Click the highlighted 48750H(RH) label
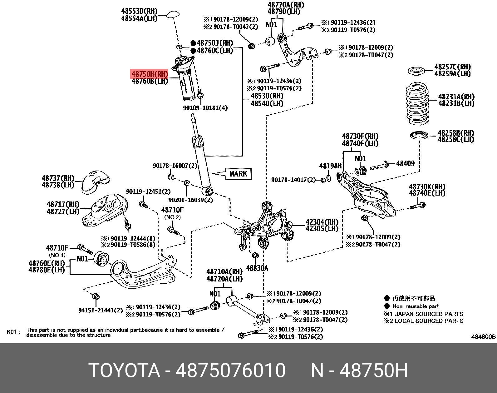pyautogui.click(x=150, y=74)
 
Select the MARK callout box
pyautogui.click(x=238, y=174)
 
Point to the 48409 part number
pyautogui.click(x=405, y=163)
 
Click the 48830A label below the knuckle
pyautogui.click(x=257, y=268)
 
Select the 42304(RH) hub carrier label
pyautogui.click(x=322, y=222)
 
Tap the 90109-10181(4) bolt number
pyautogui.click(x=205, y=108)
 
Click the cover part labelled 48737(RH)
pyautogui.click(x=95, y=182)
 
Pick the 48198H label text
pyautogui.click(x=330, y=166)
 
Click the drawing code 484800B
pyautogui.click(x=483, y=336)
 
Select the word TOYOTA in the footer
pyautogui.click(x=124, y=371)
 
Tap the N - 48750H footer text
pyautogui.click(x=359, y=371)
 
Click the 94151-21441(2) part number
pyautogui.click(x=100, y=310)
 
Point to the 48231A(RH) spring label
pyautogui.click(x=456, y=97)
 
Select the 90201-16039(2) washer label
pyautogui.click(x=190, y=200)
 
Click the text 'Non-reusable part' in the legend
pyautogui.click(x=415, y=306)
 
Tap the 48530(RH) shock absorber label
pyautogui.click(x=267, y=96)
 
